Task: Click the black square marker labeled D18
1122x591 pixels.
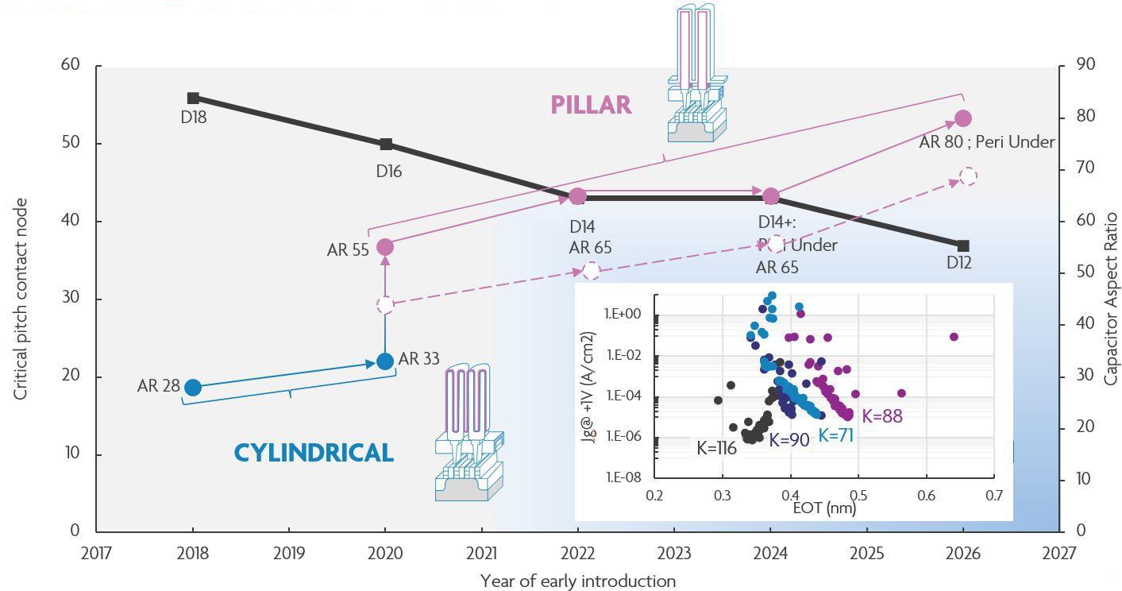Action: (x=193, y=98)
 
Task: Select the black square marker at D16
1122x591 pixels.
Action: (x=386, y=145)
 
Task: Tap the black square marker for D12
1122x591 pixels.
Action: (x=963, y=246)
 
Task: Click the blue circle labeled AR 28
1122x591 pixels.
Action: (x=192, y=388)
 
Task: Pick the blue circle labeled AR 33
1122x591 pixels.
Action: (x=385, y=361)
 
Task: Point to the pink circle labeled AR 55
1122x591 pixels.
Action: (x=385, y=247)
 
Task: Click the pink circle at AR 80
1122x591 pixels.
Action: (x=963, y=118)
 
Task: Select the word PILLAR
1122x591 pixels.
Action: (x=591, y=105)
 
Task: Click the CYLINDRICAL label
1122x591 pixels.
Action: (x=314, y=453)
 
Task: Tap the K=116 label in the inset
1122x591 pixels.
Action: (x=716, y=448)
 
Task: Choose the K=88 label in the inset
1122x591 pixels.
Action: (x=881, y=416)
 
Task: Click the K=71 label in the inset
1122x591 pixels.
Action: (x=835, y=435)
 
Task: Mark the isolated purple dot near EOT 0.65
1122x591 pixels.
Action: (x=954, y=337)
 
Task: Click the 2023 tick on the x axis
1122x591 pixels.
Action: (x=673, y=553)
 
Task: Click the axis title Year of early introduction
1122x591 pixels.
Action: (x=577, y=581)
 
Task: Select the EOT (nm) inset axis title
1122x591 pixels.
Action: (x=824, y=507)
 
